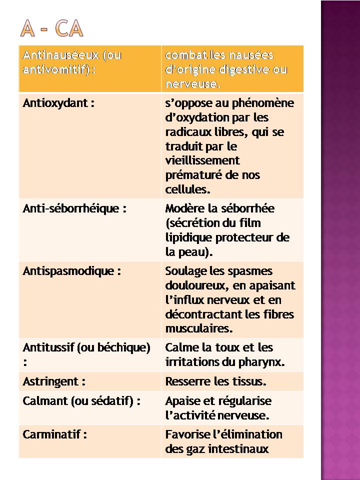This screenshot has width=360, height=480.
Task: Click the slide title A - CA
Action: pos(52,29)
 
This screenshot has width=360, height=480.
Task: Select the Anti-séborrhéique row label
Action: pos(74,208)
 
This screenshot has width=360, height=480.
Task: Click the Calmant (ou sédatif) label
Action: pos(81,400)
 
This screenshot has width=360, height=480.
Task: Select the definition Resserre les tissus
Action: pos(215,381)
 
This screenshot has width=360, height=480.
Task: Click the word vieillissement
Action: pos(202,160)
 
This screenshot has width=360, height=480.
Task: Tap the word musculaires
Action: pos(198,329)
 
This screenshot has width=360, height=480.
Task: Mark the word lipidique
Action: pos(188,237)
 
